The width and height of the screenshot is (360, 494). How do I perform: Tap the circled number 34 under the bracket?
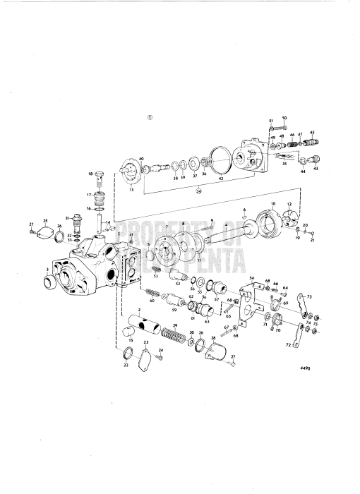tap(199, 190)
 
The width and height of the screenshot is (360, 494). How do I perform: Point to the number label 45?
tap(313, 132)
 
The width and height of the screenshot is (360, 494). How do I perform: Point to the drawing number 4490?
tap(304, 387)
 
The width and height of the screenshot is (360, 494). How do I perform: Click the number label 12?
tap(288, 204)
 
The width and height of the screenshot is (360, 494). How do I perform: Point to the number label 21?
tap(312, 240)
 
